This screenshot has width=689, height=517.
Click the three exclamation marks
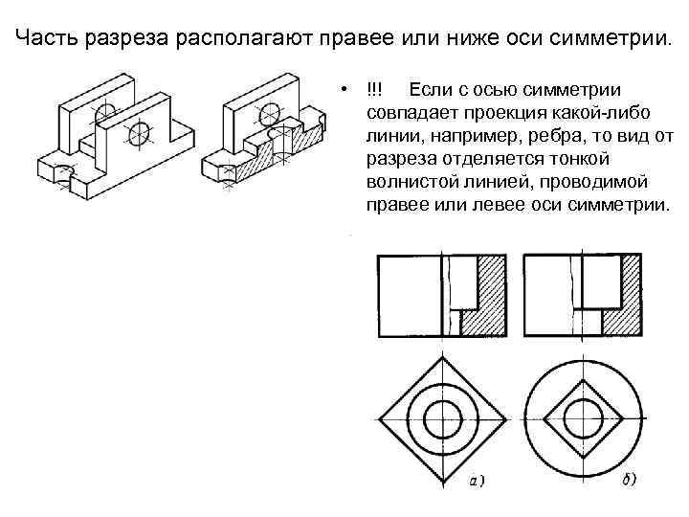[373, 91]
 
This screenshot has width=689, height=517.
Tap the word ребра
[558, 136]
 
